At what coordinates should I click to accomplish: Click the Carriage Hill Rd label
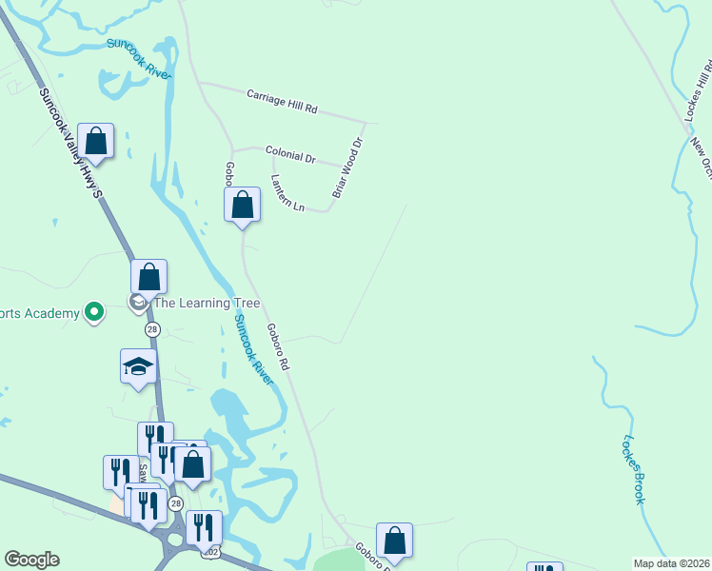(281, 102)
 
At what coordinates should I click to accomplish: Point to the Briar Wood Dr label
(348, 168)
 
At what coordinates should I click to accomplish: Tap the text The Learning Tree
(193, 304)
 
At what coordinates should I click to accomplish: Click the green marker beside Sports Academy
(93, 311)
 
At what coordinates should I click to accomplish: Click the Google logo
(31, 560)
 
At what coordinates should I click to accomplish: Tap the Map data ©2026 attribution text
(671, 563)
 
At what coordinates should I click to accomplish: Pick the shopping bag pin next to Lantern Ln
(243, 205)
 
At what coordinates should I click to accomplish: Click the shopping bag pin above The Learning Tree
(148, 277)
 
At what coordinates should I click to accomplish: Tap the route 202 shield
(211, 552)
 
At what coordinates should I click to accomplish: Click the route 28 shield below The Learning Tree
(152, 329)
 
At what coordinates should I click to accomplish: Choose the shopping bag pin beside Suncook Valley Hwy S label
(95, 142)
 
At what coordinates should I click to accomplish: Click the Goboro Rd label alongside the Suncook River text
(278, 346)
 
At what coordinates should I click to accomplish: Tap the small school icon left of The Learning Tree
(138, 303)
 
